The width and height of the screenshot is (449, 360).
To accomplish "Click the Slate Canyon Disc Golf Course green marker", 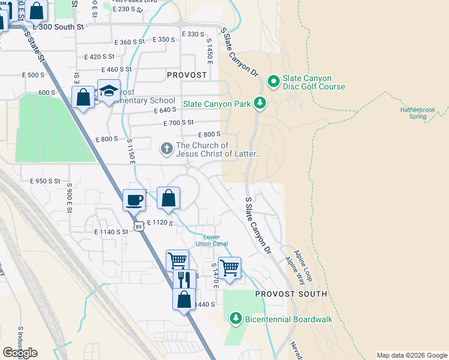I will pyautogui.click(x=274, y=80).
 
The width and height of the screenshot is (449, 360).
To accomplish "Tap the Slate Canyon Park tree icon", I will pyautogui.click(x=259, y=104).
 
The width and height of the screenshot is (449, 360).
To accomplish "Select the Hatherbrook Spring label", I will pyautogui.click(x=421, y=113).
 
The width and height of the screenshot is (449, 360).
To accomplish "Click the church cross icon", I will pyautogui.click(x=167, y=148).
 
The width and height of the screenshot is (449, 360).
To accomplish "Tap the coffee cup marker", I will pyautogui.click(x=134, y=200).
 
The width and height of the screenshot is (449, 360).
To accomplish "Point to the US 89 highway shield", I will pyautogui.click(x=139, y=226).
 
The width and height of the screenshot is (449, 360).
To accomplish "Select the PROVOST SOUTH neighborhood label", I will pyautogui.click(x=291, y=294).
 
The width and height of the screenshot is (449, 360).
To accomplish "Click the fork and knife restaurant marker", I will pyautogui.click(x=184, y=279).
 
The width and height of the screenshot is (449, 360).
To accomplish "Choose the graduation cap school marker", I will pyautogui.click(x=109, y=91).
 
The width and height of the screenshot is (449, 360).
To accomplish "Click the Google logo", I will pyautogui.click(x=20, y=353).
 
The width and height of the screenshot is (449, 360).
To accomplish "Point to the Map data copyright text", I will pyautogui.click(x=411, y=355).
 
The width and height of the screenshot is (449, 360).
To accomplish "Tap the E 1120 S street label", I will pyautogui.click(x=159, y=223).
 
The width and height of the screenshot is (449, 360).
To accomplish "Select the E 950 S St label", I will pyautogui.click(x=41, y=181).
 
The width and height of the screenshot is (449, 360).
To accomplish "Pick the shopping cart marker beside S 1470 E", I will pyautogui.click(x=229, y=268).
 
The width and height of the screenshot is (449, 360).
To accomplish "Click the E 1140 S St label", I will pyautogui.click(x=111, y=231).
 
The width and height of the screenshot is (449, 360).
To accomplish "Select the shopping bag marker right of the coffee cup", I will pyautogui.click(x=169, y=198).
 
